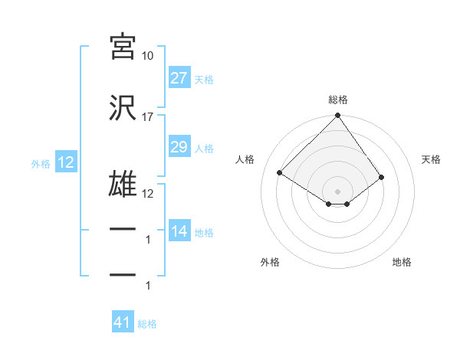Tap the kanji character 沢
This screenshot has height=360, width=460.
123,108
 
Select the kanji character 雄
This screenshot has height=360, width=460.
123,185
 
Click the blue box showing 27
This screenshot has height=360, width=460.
179,78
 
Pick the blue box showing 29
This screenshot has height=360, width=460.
179,147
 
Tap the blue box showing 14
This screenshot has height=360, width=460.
179,231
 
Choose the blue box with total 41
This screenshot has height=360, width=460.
123,322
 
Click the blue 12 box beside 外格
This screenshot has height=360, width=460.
65,162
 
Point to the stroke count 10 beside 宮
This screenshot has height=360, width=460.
147,56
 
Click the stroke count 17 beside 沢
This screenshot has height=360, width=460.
147,117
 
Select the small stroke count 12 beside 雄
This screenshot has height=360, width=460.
147,194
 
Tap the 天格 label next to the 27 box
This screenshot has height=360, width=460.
204,79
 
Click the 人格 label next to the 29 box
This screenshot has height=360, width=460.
204,148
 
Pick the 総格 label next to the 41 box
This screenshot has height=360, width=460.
147,323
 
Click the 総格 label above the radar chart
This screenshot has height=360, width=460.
337,100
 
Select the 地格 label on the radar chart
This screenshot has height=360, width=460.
402,262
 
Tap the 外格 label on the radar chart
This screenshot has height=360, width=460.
270,262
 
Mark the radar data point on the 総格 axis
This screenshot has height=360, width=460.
337,116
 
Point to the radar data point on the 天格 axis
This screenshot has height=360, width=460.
381,177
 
